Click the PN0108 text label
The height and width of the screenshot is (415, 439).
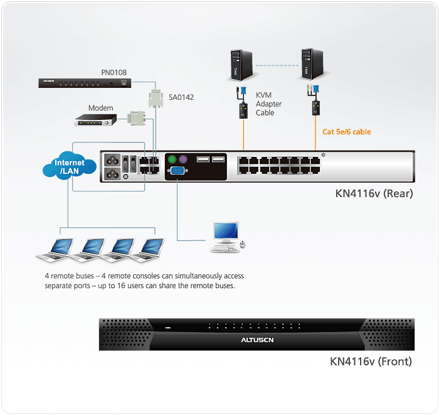[114, 72]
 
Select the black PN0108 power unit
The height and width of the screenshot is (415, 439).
[84, 82]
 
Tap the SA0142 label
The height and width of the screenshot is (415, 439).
[181, 97]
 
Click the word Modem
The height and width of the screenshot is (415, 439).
[100, 108]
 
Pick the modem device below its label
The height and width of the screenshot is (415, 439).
[94, 119]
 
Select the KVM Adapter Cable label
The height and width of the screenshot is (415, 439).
[268, 104]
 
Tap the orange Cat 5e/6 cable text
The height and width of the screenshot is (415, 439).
[347, 132]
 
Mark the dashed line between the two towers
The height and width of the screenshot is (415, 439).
[275, 65]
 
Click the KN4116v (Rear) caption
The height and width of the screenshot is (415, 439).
[374, 193]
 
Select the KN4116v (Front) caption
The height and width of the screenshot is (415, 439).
[371, 362]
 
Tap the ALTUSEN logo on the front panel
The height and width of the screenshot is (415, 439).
[257, 340]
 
